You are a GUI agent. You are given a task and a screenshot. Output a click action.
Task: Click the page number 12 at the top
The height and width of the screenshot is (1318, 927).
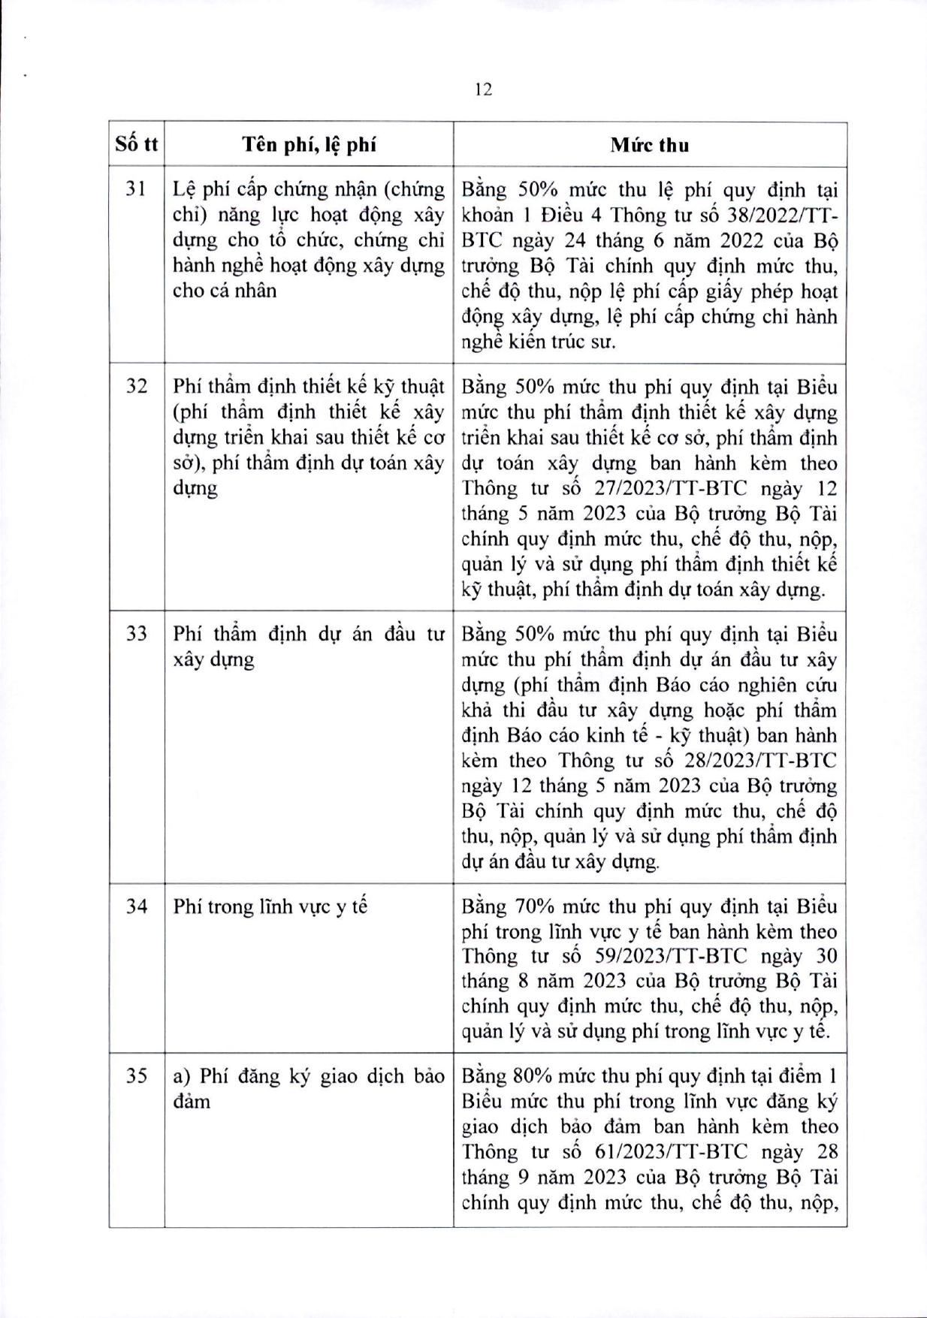click(484, 89)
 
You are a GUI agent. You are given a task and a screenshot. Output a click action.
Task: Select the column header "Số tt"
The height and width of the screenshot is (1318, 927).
click(137, 144)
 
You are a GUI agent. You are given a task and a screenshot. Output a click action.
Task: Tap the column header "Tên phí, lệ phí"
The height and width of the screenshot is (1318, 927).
click(309, 145)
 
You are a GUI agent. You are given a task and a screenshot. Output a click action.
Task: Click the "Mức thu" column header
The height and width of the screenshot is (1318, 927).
click(649, 145)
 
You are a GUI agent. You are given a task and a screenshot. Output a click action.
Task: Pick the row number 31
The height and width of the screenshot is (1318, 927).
click(136, 190)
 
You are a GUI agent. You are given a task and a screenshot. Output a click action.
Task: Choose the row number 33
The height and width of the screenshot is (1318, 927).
click(136, 634)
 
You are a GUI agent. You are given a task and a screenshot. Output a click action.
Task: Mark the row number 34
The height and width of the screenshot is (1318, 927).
click(136, 906)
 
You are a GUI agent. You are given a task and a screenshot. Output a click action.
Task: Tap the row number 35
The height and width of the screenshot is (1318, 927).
click(136, 1076)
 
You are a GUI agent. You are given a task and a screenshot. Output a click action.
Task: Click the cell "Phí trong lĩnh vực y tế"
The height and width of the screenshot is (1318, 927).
click(270, 906)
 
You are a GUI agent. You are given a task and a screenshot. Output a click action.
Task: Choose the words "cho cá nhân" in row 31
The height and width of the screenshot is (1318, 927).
click(224, 291)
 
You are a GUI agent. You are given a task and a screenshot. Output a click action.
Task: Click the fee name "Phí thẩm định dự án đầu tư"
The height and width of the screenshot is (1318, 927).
click(309, 634)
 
